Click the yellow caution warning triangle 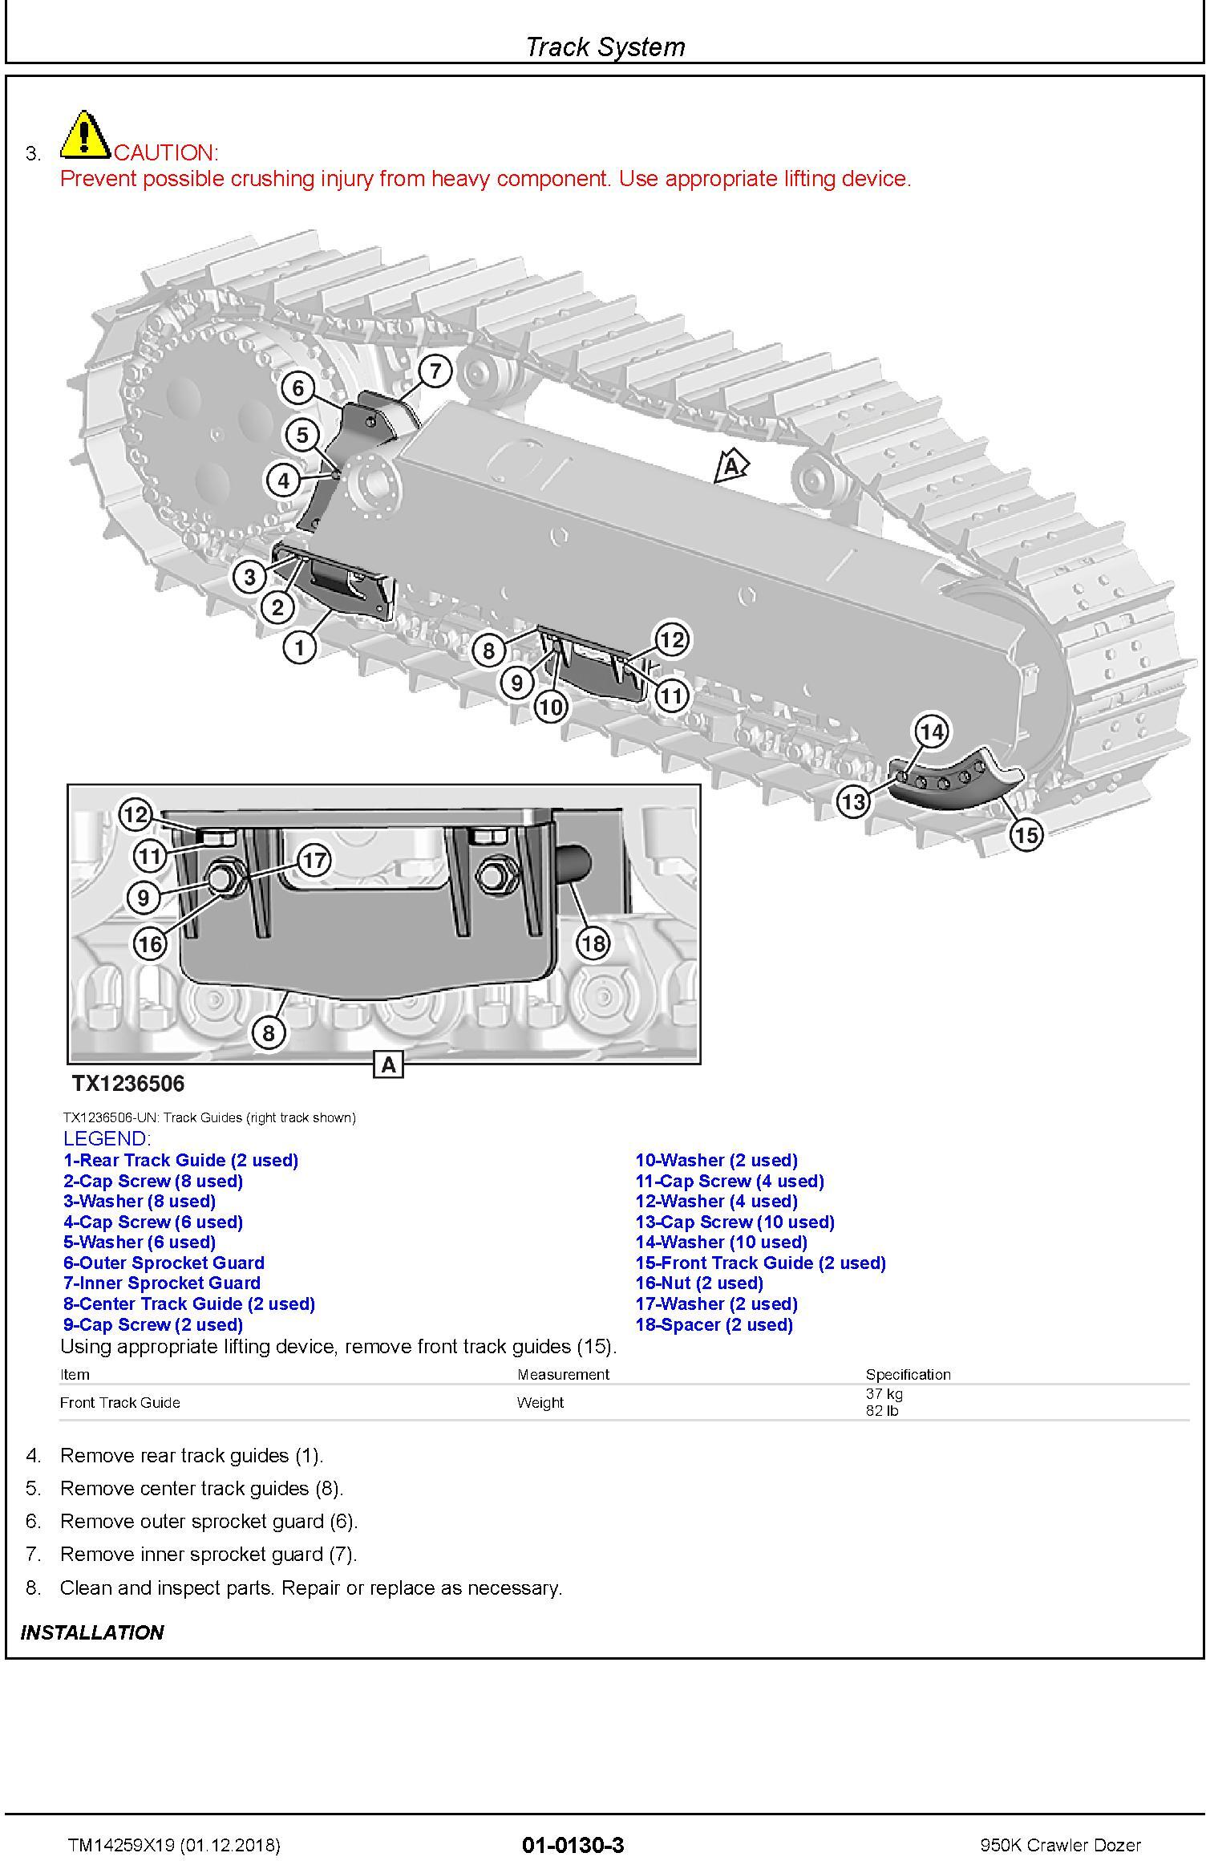(86, 134)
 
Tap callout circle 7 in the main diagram (435, 371)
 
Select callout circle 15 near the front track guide (1026, 835)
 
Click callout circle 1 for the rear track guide (300, 647)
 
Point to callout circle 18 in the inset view (593, 943)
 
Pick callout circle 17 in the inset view (314, 861)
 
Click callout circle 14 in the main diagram (931, 732)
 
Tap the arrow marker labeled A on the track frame (730, 466)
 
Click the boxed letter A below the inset (389, 1065)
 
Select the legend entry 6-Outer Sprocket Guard (164, 1263)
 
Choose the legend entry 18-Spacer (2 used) (714, 1324)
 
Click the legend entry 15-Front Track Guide (760, 1263)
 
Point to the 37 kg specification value (884, 1394)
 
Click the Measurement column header (563, 1374)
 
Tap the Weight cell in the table (540, 1402)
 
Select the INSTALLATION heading (92, 1632)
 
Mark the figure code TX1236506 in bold (128, 1084)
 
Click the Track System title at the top (605, 47)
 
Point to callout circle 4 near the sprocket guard (283, 480)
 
